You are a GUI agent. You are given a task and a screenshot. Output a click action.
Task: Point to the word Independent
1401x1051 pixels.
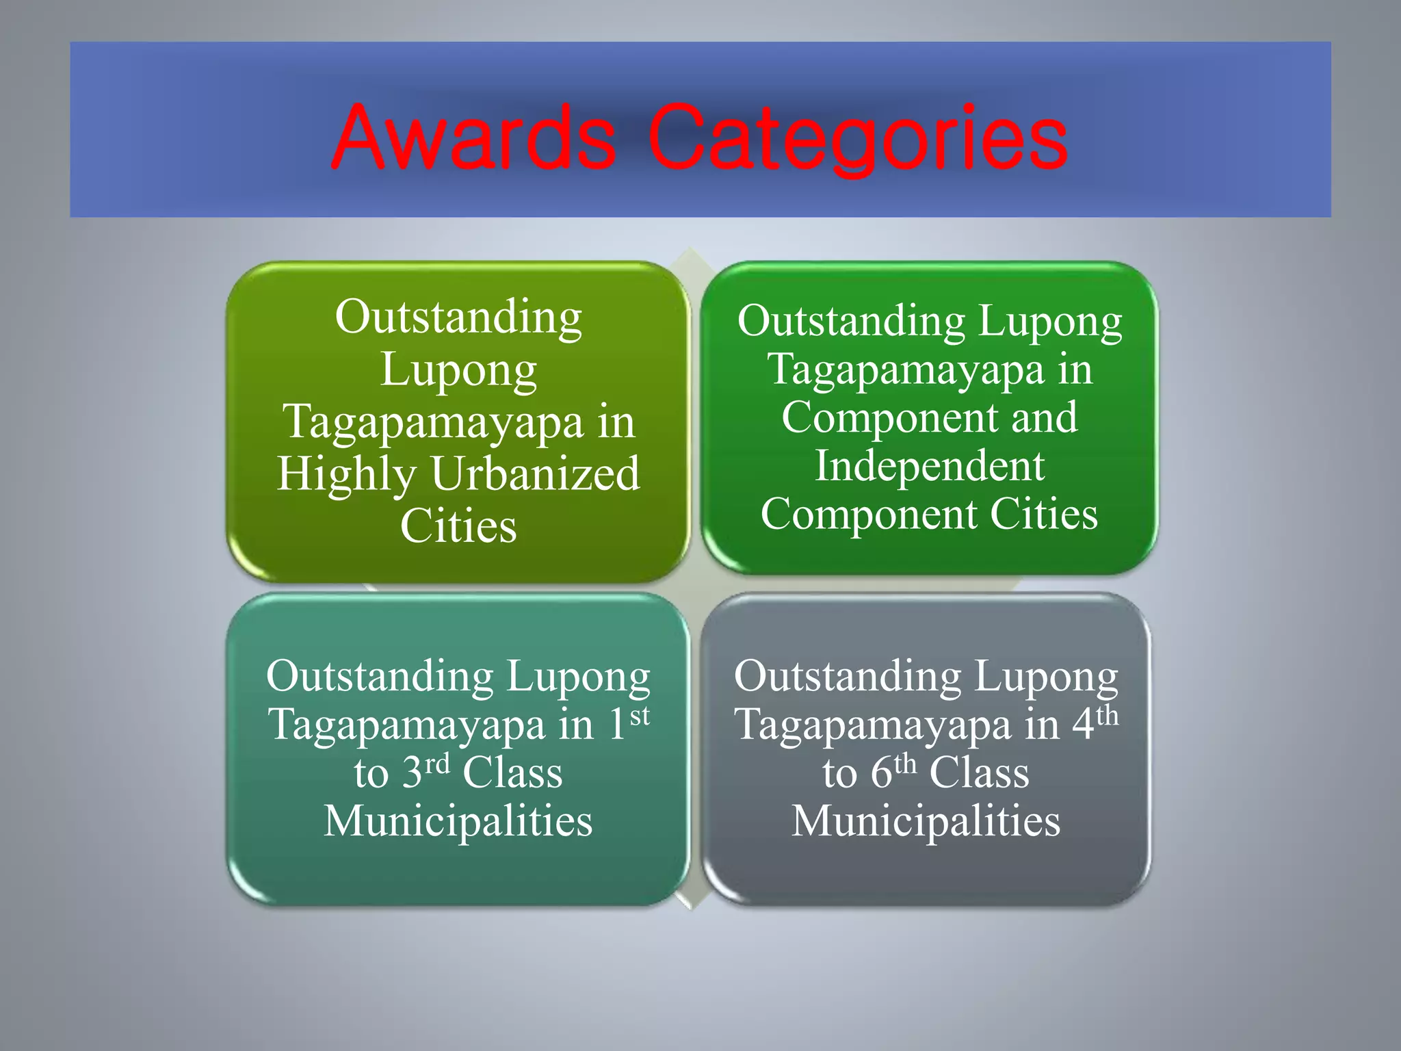tap(930, 466)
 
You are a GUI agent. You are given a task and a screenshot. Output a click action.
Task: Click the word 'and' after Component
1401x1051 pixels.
tap(1044, 417)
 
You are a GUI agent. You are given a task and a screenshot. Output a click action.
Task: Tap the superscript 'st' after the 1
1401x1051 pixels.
tap(640, 716)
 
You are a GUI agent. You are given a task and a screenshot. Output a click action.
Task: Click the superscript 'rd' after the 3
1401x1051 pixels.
tap(437, 764)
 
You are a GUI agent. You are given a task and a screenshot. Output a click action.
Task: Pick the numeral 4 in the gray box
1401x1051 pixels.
tap(1083, 725)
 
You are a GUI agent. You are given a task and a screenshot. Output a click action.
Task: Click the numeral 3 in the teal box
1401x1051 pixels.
tap(412, 773)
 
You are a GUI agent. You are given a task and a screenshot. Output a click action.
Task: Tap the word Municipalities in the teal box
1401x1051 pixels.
tap(458, 821)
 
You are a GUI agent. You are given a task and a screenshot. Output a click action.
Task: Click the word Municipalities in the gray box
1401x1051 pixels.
tap(926, 821)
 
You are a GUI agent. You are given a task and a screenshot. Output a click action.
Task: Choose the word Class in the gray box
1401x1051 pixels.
tap(979, 773)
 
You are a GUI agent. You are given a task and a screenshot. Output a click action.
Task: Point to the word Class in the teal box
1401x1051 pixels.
tap(512, 773)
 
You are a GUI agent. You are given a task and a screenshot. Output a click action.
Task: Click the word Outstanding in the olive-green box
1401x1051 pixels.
tap(458, 317)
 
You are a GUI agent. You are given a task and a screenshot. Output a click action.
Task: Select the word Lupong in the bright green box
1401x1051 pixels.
tap(1050, 322)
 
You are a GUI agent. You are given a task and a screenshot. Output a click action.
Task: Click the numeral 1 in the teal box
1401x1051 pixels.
tap(617, 725)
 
